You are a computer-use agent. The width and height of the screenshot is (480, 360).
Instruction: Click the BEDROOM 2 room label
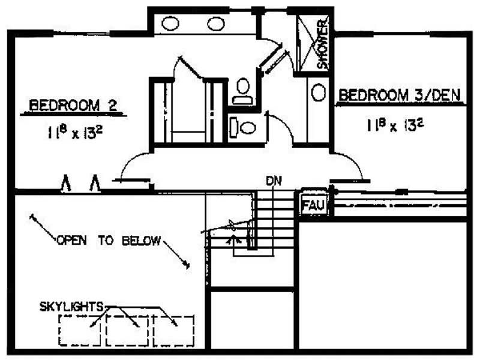tap(73, 106)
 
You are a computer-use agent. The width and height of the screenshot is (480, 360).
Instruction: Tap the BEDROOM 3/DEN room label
tap(400, 95)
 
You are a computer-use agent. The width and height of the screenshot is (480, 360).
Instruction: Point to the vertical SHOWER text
tap(323, 44)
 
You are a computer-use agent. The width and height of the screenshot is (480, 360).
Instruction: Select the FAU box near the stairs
tap(313, 204)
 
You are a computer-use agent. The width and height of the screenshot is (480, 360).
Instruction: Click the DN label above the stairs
tap(274, 181)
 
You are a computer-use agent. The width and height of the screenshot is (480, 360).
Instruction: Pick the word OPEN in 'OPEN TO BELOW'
tap(72, 241)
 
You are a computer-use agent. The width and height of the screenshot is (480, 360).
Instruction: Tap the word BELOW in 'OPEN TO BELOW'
tap(141, 241)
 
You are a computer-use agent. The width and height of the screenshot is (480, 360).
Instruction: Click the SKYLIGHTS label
tap(71, 307)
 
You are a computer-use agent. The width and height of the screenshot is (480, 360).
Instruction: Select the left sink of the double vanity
tap(170, 23)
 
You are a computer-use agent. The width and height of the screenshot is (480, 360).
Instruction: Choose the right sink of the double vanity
tap(216, 23)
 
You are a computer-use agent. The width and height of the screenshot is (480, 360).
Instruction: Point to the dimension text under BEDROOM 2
tap(75, 132)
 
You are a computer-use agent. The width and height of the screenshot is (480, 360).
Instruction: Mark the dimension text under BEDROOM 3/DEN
tap(395, 125)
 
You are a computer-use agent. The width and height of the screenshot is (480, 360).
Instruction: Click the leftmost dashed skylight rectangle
tap(58, 331)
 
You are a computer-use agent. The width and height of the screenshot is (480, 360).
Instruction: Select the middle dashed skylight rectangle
tap(106, 331)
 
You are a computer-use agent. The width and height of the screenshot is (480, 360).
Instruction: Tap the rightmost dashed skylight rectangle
tap(194, 331)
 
